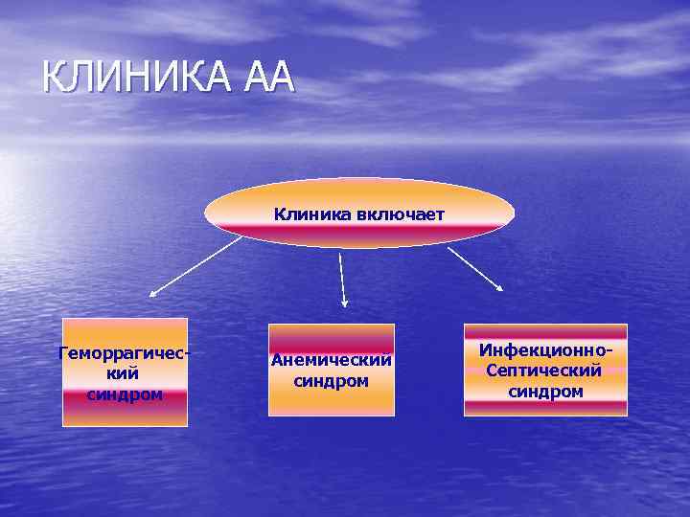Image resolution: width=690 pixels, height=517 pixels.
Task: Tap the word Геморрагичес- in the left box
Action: coord(125,353)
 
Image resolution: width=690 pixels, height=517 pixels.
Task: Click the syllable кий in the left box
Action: coord(125,373)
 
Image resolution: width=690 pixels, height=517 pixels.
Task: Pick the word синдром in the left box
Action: coord(125,393)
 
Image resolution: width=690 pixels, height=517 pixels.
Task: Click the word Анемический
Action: coord(332,361)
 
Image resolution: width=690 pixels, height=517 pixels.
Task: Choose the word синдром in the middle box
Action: coord(332,381)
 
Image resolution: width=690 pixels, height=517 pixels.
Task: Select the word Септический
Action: coord(544,371)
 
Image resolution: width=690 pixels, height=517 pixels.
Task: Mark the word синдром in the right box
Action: coord(545,391)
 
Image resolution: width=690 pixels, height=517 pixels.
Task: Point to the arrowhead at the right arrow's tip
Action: coord(500,286)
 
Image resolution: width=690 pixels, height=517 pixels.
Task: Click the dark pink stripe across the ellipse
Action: coord(359,230)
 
